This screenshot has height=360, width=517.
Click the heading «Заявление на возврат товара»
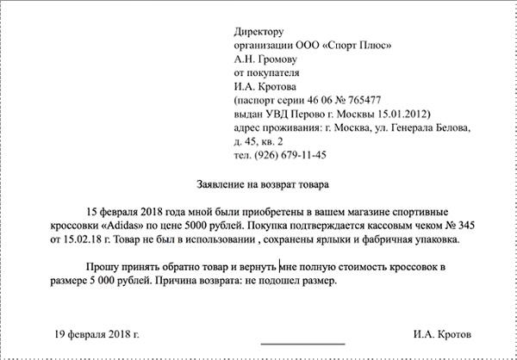tap(258, 183)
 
